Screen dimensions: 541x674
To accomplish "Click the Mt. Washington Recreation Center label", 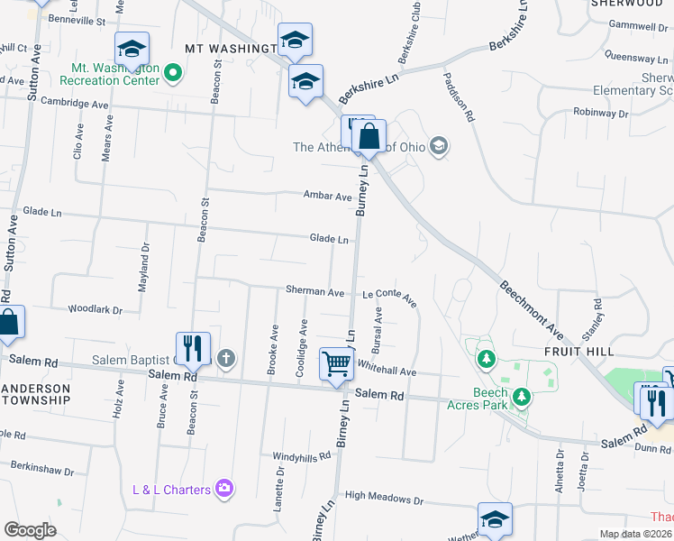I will pyautogui.click(x=115, y=74).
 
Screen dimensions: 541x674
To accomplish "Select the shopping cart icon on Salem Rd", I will pyautogui.click(x=337, y=365).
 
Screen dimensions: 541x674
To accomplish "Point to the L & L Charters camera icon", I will pyautogui.click(x=224, y=490).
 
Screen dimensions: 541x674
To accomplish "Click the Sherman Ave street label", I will pyautogui.click(x=315, y=292).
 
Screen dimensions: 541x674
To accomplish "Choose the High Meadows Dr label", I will pyautogui.click(x=384, y=498).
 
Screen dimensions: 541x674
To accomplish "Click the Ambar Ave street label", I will pyautogui.click(x=327, y=196).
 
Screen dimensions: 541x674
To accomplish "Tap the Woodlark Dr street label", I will pyautogui.click(x=96, y=310).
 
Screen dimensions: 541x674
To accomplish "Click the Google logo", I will pyautogui.click(x=30, y=530).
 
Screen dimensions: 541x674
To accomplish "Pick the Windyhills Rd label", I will pyautogui.click(x=303, y=457).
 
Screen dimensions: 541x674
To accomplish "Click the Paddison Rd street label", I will pyautogui.click(x=458, y=96).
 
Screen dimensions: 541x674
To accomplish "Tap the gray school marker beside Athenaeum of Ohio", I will pyautogui.click(x=439, y=146).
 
